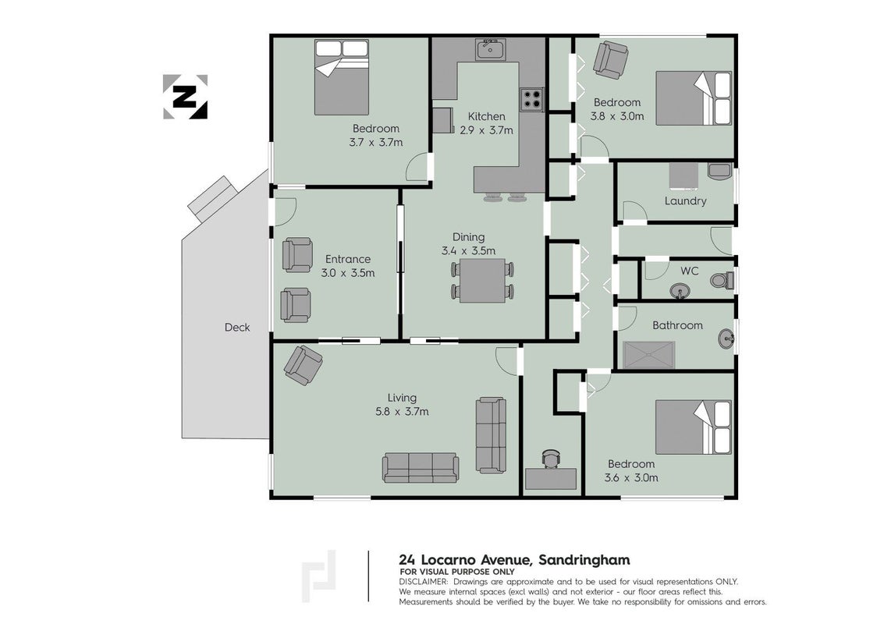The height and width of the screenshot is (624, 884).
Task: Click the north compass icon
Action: coord(185,97)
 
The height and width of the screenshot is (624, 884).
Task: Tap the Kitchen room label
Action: coord(487,117)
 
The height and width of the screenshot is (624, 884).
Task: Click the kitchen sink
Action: coord(491,50)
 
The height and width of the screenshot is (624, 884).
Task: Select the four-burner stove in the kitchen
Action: coord(531,100)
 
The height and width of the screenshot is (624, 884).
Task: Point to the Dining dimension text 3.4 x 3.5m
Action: coord(468,251)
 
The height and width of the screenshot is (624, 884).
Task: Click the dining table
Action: coord(482,280)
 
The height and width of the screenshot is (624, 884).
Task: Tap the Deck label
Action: coord(236,328)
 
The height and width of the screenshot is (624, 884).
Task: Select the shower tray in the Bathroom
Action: coord(649,355)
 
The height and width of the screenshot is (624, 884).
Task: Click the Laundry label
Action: coord(685,201)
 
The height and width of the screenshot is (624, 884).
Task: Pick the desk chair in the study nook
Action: coord(551,459)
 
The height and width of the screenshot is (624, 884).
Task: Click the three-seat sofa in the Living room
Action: coord(421,468)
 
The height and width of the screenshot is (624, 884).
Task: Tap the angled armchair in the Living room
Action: coord(303,365)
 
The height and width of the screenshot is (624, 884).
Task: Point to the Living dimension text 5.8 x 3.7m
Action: coord(402,412)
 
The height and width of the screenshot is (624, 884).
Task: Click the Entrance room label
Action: coord(348,259)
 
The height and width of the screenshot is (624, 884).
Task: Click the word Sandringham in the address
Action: coord(584,560)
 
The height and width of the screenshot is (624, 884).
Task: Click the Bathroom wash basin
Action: coord(726,339)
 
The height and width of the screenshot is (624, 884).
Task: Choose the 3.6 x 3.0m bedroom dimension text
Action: coord(631,478)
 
